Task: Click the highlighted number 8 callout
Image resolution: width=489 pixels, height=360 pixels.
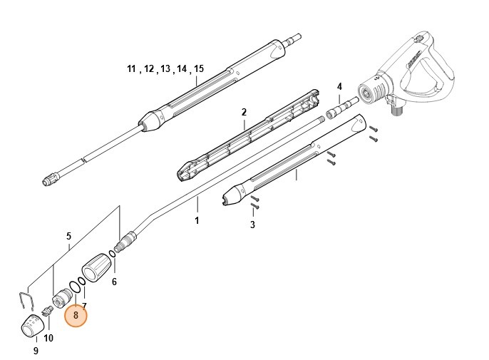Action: click(76, 314)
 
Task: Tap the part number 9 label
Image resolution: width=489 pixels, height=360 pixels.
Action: click(36, 351)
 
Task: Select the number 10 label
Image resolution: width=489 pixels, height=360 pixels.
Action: click(48, 338)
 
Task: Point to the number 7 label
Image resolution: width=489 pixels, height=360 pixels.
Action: click(84, 307)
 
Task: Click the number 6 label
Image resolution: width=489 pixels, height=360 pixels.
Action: click(114, 282)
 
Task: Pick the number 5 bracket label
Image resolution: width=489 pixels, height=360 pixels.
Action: click(68, 236)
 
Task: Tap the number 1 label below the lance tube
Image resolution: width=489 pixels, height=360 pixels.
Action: click(197, 221)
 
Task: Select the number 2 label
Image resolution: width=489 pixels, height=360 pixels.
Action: click(243, 113)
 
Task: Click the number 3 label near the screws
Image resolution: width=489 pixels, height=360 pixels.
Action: click(252, 225)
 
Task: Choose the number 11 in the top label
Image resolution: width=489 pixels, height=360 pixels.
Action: click(131, 68)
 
